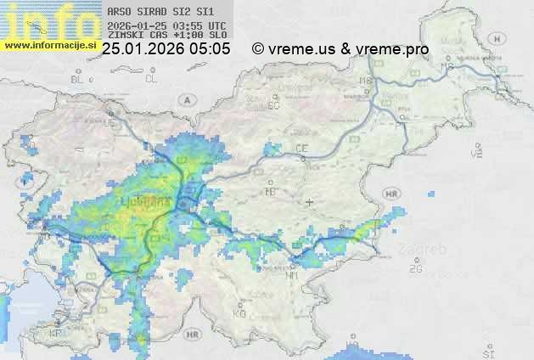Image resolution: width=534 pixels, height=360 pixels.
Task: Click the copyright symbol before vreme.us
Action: (x=258, y=50)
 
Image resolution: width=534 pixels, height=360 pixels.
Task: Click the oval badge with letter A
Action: (x=185, y=99)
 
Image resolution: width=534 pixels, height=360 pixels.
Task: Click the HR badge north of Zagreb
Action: (x=391, y=194)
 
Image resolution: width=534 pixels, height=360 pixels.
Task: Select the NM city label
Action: (x=292, y=274)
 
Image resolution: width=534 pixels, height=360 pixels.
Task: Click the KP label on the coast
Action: (x=57, y=334)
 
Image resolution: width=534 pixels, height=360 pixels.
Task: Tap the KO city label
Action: (x=239, y=313)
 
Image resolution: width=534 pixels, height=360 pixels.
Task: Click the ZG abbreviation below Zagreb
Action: (x=415, y=269)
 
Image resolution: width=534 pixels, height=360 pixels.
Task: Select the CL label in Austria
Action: (x=151, y=79)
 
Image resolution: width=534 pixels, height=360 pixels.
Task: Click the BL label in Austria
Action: (x=78, y=79)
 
